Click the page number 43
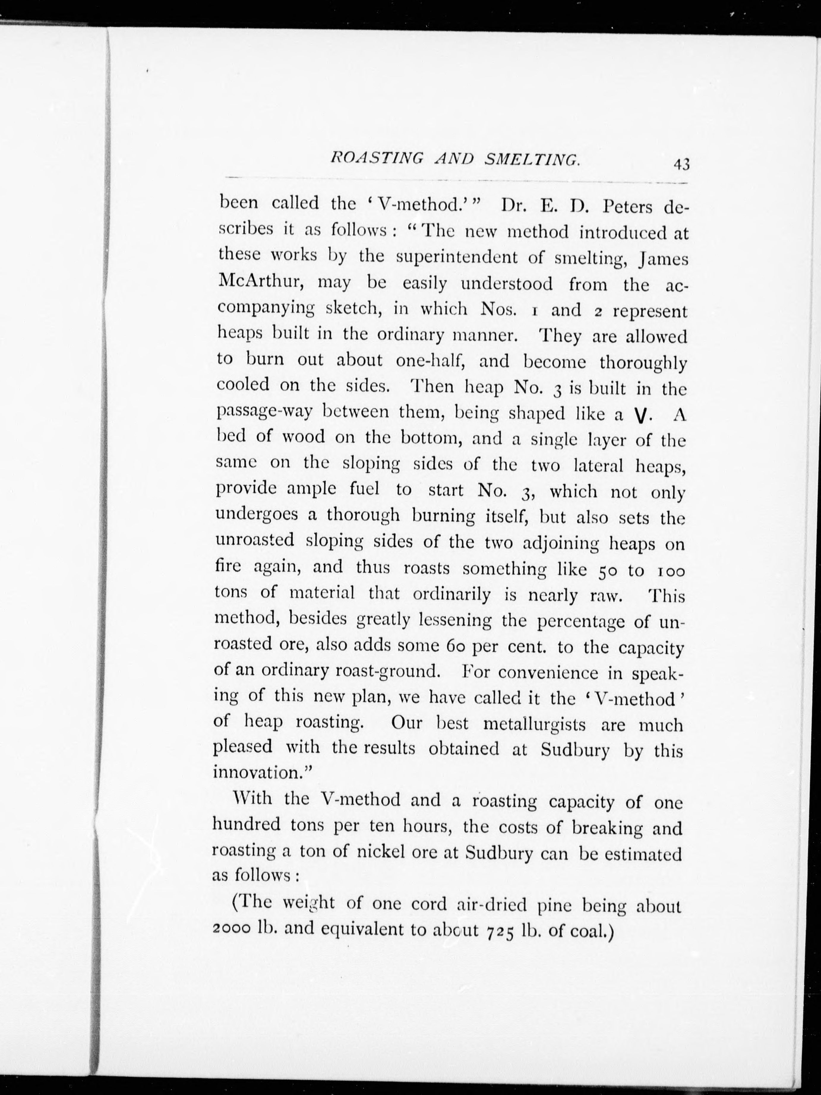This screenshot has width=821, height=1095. (681, 164)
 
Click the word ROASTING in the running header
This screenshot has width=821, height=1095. (376, 159)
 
